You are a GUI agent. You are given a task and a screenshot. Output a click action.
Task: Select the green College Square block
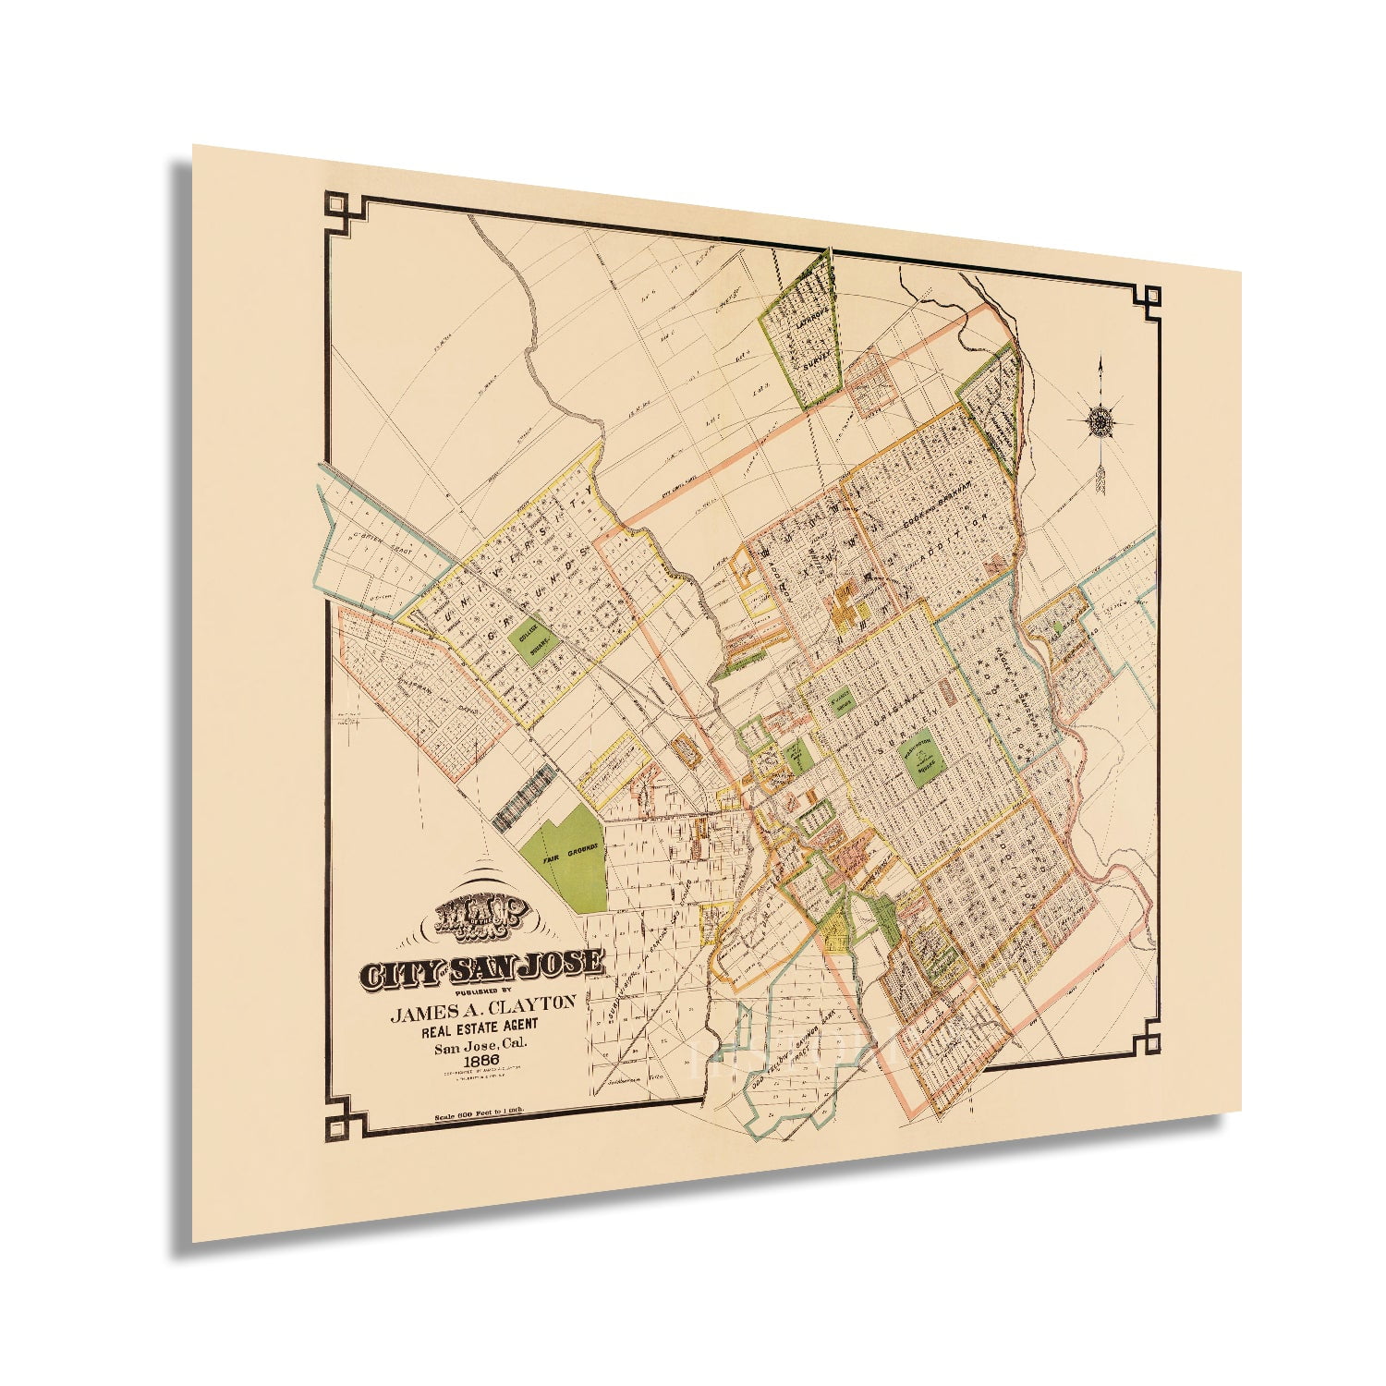pyautogui.click(x=534, y=637)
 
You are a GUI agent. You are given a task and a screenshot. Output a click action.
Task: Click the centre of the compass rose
pyautogui.click(x=1100, y=421)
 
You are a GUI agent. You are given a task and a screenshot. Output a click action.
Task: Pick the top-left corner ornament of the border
pyautogui.click(x=334, y=207)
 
